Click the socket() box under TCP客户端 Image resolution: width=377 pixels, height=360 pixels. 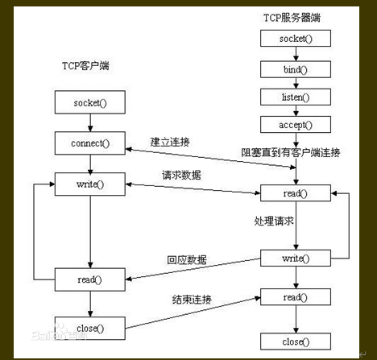(x=90, y=103)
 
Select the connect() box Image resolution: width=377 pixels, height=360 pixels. (x=90, y=145)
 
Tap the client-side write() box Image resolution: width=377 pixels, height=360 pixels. (x=90, y=185)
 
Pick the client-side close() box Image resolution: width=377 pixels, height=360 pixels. (x=90, y=327)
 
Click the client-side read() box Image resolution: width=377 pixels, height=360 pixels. (x=90, y=279)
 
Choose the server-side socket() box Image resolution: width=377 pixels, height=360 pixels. (x=296, y=39)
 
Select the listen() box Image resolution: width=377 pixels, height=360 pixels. (x=296, y=97)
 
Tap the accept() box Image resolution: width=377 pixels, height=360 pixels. (x=296, y=125)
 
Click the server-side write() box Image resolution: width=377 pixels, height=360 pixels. (x=296, y=258)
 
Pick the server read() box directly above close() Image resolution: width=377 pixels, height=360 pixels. (x=296, y=297)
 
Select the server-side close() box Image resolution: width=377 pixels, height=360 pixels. (x=296, y=341)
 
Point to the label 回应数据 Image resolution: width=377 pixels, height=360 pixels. (x=187, y=259)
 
